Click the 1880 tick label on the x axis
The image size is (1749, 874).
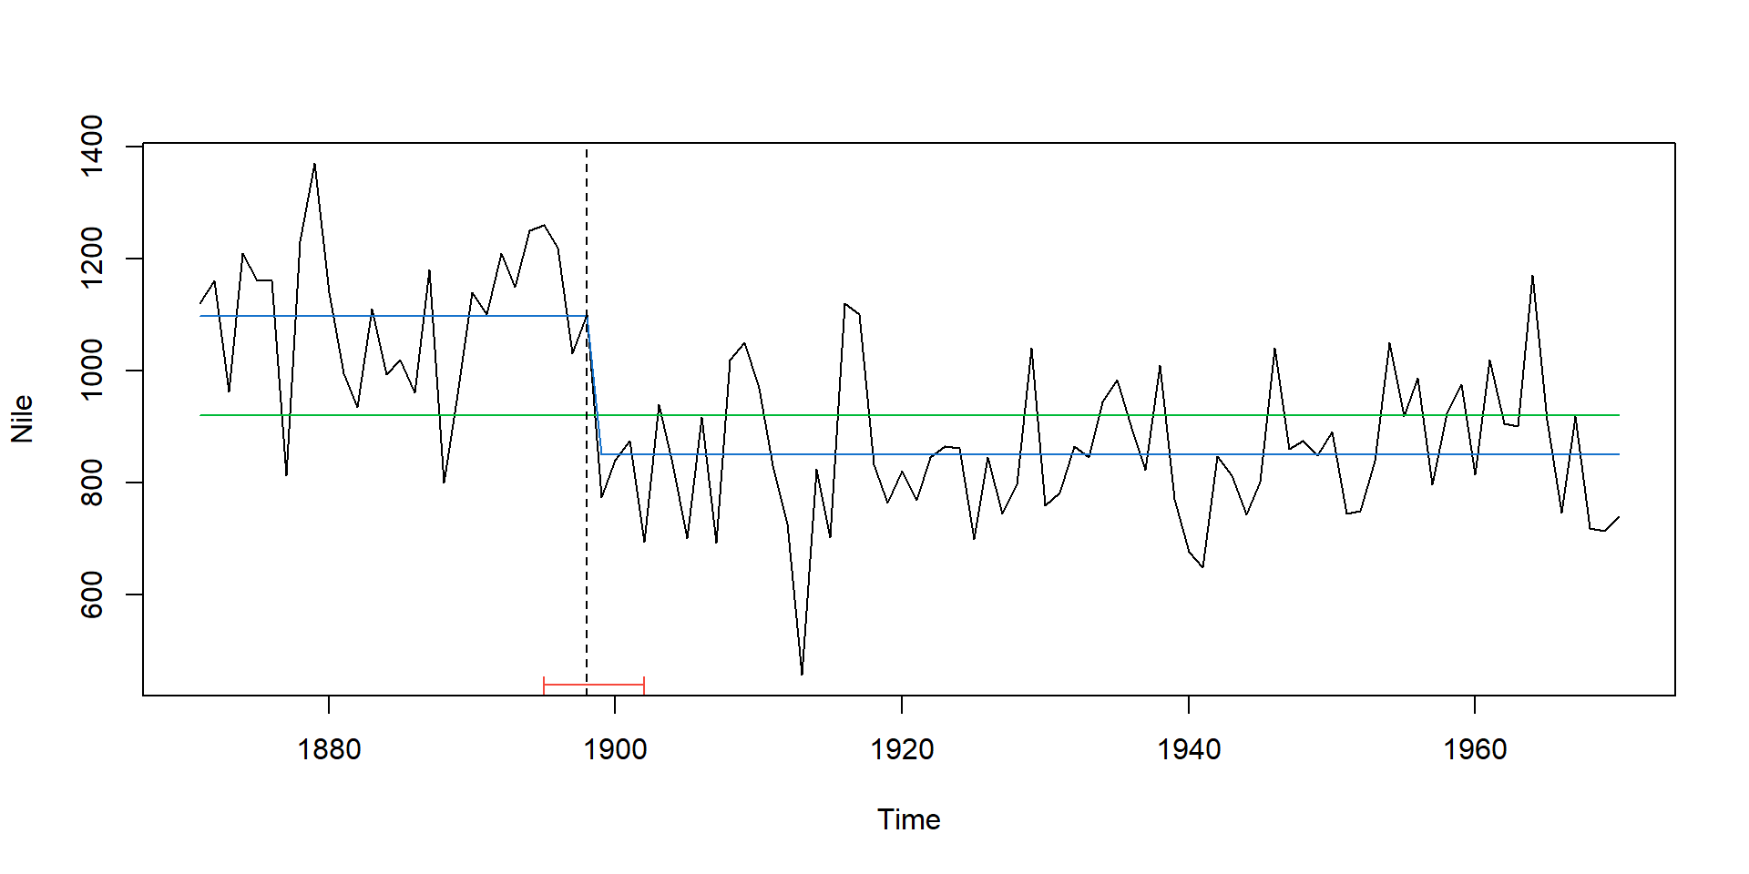click(329, 749)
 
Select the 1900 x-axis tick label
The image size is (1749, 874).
click(615, 749)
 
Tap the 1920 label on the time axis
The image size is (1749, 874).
click(902, 749)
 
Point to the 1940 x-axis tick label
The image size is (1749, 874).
click(1188, 749)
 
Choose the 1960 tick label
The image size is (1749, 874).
click(1475, 749)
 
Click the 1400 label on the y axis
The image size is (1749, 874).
click(92, 146)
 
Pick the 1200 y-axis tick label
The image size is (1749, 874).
click(92, 258)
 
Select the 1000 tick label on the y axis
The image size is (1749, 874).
click(92, 370)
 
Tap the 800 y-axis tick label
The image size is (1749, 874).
click(92, 483)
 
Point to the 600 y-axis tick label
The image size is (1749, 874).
click(92, 595)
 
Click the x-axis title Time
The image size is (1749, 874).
click(908, 819)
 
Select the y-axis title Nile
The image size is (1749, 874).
click(22, 419)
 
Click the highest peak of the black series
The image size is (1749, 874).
click(314, 164)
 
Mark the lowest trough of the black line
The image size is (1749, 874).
click(802, 675)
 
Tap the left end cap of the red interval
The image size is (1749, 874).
click(544, 685)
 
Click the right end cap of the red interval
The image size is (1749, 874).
click(644, 685)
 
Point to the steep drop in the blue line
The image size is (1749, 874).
click(594, 385)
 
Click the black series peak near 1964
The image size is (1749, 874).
click(1532, 275)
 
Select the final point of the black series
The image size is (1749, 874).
click(1619, 516)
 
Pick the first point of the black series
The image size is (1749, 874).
click(200, 303)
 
